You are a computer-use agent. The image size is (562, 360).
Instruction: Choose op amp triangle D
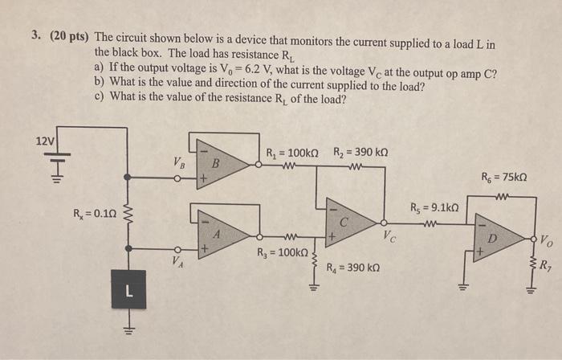(493, 239)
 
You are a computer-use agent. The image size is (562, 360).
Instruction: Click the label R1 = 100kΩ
(294, 153)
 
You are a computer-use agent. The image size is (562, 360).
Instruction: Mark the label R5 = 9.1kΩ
(435, 207)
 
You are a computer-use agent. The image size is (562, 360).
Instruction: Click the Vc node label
(389, 235)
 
